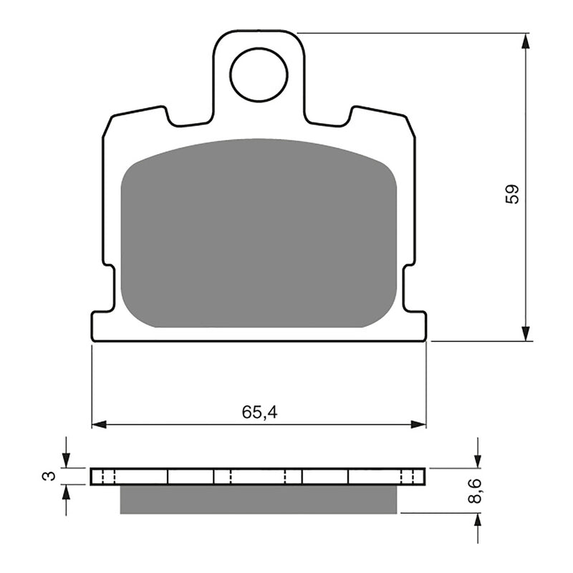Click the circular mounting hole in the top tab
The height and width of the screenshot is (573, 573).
[259, 74]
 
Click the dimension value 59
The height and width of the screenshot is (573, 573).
[512, 194]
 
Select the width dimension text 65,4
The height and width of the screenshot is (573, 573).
[259, 412]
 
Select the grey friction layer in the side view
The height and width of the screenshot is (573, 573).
[259, 499]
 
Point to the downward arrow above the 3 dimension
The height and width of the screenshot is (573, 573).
[66, 461]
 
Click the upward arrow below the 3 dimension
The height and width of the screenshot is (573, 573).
[66, 492]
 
